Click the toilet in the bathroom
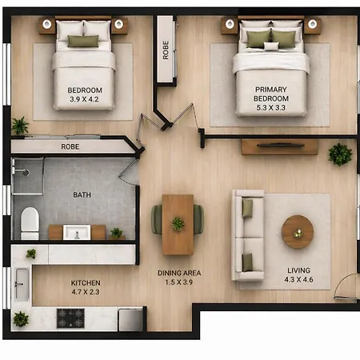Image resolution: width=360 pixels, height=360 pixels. tap(30, 223)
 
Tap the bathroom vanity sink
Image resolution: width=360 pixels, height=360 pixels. tap(77, 232)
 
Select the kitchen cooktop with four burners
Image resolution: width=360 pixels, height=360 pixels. tap(70, 318)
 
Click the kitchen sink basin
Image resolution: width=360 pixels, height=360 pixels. tap(22, 284)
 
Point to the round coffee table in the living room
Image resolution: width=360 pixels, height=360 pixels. tap(298, 232)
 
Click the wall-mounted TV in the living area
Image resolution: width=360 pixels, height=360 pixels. tap(280, 146)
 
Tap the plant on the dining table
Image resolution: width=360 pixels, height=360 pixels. tap(178, 223)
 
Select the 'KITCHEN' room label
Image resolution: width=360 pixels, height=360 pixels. tap(86, 282)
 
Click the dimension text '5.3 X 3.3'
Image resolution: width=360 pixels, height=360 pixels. tap(271, 108)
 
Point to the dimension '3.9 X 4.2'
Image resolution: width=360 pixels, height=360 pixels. tap(84, 99)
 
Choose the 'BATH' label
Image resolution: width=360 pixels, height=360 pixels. tap(82, 195)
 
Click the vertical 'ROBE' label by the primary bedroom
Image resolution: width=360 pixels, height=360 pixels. tap(166, 50)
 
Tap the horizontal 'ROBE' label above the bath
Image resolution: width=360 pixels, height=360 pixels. tap(70, 146)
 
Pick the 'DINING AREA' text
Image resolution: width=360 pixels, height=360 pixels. tap(179, 273)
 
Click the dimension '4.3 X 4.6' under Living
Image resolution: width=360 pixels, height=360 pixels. tap(298, 279)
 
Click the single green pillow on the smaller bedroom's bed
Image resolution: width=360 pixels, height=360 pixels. tap(83, 42)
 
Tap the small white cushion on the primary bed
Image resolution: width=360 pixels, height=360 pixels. tap(271, 46)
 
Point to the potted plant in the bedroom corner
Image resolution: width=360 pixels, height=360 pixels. tap(20, 126)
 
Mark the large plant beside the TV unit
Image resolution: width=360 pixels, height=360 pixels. tap(340, 154)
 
